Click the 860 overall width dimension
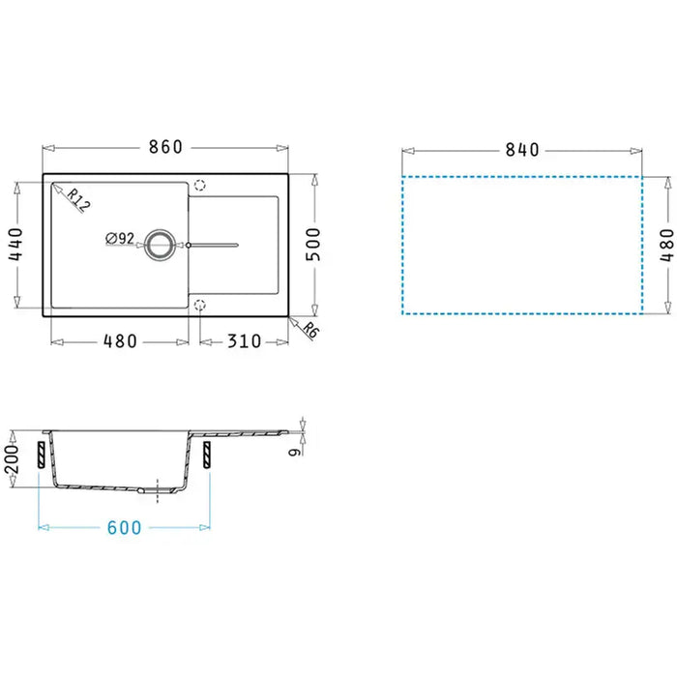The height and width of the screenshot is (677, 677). click(165, 147)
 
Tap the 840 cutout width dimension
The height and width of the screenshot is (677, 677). click(522, 150)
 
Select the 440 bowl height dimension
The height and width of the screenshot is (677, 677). click(15, 245)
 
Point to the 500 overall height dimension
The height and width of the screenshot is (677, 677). click(313, 245)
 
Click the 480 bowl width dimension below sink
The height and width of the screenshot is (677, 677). click(120, 341)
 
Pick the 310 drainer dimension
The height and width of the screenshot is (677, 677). click(245, 341)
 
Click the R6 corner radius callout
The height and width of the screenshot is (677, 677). click(310, 331)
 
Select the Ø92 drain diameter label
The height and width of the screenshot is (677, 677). click(120, 238)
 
